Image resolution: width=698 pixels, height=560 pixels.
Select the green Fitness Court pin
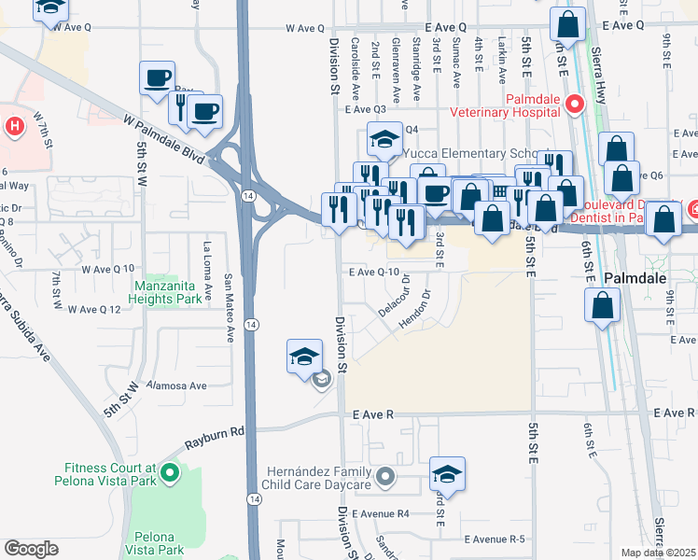tap(169, 473)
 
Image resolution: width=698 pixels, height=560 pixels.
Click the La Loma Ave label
tap(207, 262)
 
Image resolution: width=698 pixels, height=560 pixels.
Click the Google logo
tap(31, 549)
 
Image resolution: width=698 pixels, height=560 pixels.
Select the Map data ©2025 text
tap(658, 553)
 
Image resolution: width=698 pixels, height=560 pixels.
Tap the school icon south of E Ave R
tap(448, 474)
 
